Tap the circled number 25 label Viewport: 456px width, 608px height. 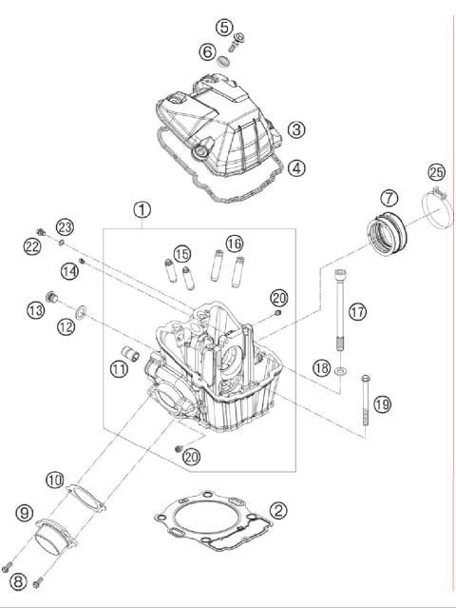[x=436, y=172]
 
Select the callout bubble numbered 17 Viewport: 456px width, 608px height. [x=356, y=311]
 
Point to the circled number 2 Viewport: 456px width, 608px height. [x=278, y=511]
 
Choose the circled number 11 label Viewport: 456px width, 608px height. [x=119, y=369]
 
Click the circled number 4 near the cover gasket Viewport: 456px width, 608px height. [x=297, y=167]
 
